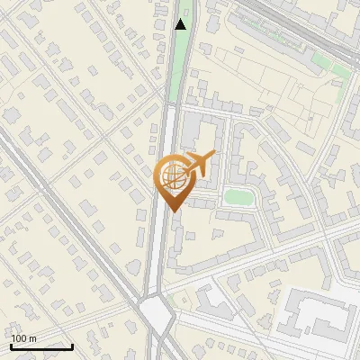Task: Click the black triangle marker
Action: click(x=181, y=24)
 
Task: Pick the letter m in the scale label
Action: click(x=33, y=338)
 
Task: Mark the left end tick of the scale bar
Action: click(x=11, y=345)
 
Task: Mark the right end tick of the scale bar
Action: click(x=72, y=345)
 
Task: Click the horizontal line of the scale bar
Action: click(x=41, y=346)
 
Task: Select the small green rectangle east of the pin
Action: click(x=238, y=195)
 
